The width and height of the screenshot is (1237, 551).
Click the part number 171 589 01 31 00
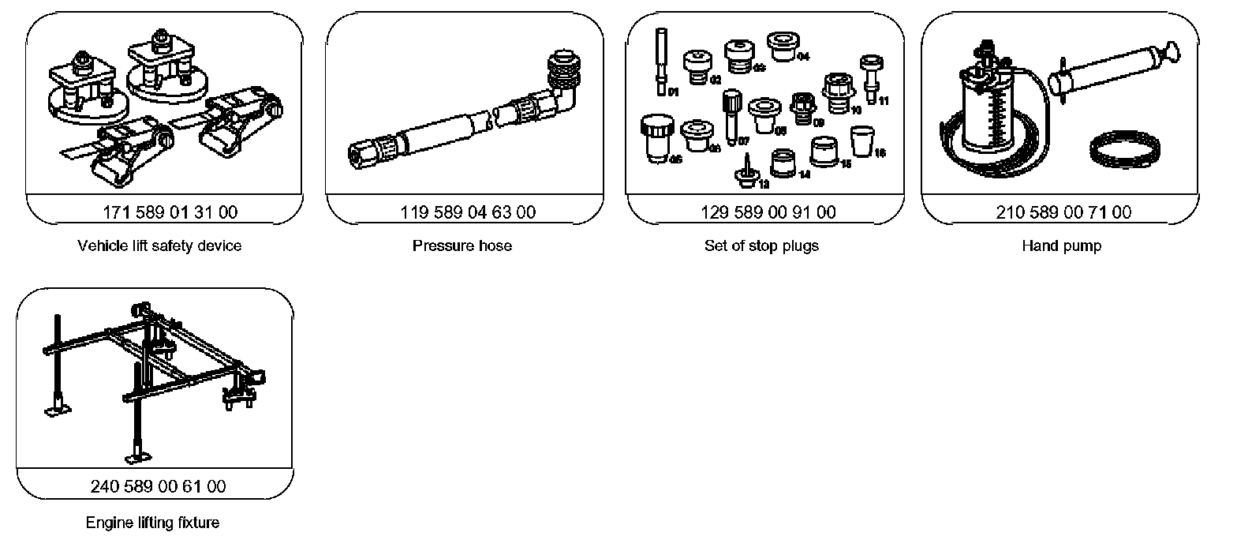pos(170,212)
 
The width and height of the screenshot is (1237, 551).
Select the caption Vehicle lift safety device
pos(159,246)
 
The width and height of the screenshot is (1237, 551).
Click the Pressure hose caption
pos(462,246)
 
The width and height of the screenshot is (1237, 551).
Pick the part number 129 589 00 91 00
pos(768,212)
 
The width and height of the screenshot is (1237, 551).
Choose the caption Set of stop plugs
pos(761,246)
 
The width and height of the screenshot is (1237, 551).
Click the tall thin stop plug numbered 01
pos(661,59)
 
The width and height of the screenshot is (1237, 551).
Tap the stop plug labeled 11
pos(870,77)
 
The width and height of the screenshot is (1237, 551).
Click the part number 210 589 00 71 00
pos(1063,212)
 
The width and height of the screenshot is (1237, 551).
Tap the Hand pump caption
pos(1061,246)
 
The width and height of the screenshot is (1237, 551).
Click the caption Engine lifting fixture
pos(152,522)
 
